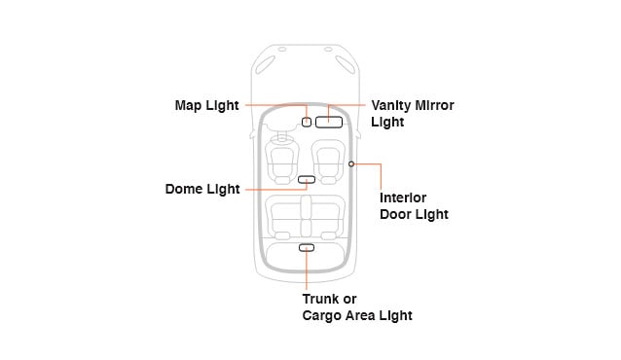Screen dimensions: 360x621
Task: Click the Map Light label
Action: tap(206, 105)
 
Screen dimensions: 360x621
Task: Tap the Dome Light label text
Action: tap(202, 190)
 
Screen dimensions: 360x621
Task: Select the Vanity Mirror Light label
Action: tap(412, 114)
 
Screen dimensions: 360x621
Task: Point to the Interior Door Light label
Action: tap(413, 205)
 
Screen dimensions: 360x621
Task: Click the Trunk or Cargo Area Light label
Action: tap(356, 307)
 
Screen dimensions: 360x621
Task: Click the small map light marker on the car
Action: tap(307, 123)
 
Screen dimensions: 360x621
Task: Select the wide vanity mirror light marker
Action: tap(328, 123)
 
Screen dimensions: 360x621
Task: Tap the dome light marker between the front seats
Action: tap(307, 180)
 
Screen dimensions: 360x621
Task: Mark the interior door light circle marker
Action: tap(350, 164)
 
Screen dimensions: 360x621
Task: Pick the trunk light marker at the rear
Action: tap(307, 248)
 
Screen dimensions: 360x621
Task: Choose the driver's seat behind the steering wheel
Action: tap(282, 161)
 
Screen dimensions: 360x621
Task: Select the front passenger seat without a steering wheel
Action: tap(328, 161)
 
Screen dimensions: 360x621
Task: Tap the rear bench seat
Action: tap(306, 216)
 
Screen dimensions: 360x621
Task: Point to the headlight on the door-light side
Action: tap(344, 64)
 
